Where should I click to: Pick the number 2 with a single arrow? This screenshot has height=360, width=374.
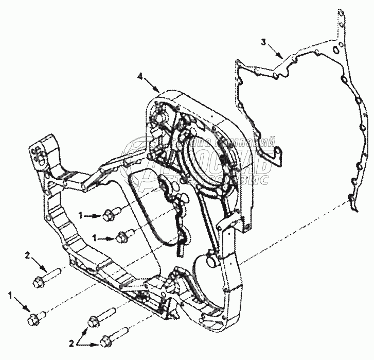point(28,254)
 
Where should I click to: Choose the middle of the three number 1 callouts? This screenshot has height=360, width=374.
point(94,238)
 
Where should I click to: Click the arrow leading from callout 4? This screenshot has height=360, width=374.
point(152,84)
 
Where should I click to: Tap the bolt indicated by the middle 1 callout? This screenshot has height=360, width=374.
point(122,237)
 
